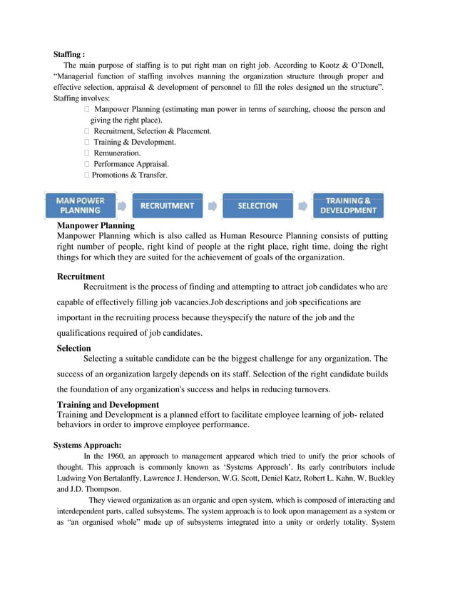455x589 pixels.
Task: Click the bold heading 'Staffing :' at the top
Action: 70,53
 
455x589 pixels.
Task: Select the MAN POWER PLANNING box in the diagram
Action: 80,205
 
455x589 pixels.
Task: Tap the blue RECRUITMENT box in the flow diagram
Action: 167,205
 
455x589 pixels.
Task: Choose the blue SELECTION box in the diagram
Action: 257,205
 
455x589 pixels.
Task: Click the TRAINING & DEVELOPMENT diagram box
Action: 348,205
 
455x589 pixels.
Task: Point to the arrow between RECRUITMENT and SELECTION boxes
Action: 213,206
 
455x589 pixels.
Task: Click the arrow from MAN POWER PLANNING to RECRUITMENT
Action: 122,206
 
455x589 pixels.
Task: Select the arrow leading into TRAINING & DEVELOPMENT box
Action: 303,206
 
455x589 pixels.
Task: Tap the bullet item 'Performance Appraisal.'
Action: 131,164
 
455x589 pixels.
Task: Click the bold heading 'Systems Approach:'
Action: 87,445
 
